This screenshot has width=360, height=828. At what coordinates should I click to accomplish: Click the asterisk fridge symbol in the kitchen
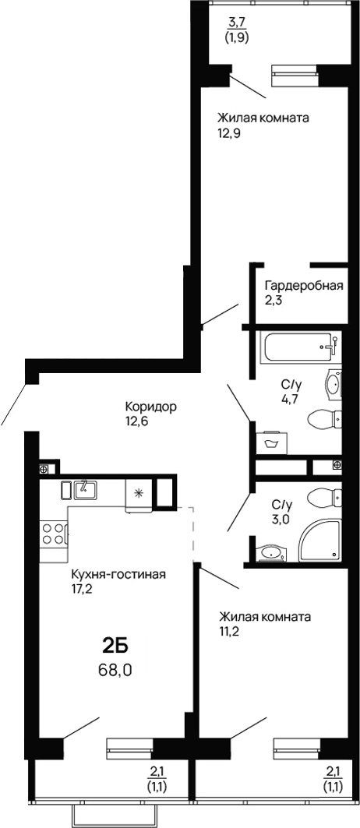tap(139, 492)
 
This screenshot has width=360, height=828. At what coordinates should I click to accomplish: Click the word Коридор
tap(151, 407)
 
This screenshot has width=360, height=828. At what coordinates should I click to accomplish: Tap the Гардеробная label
tap(303, 285)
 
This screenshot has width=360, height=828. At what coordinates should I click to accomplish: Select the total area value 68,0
tap(115, 668)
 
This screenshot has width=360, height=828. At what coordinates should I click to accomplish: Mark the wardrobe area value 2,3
tap(273, 300)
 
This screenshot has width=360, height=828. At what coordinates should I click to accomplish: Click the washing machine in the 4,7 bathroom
tap(272, 442)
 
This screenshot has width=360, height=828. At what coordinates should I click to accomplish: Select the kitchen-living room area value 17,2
tap(83, 589)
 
